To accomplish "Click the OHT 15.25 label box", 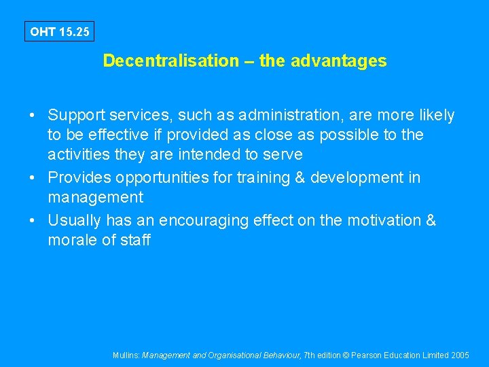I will (x=60, y=32).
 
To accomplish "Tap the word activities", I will (x=77, y=154).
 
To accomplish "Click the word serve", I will (x=282, y=154).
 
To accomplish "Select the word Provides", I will (x=78, y=178).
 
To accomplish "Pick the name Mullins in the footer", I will (x=126, y=355).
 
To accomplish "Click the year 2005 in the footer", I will (x=460, y=355).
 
